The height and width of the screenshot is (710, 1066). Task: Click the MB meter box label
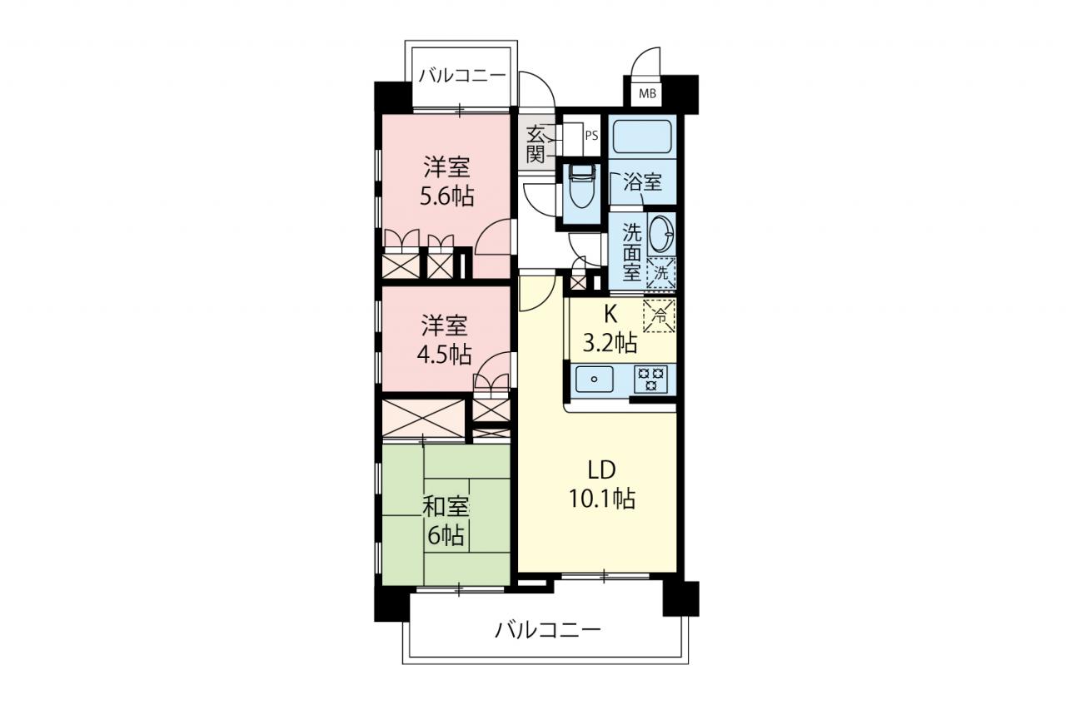coord(647,94)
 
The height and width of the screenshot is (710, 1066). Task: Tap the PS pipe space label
coord(591,136)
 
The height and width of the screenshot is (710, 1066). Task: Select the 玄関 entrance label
coord(535,145)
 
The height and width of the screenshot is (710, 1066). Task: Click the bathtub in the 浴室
coord(642,136)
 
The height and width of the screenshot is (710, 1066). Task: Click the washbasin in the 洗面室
coord(660,234)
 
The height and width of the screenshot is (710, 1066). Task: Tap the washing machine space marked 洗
coord(661,273)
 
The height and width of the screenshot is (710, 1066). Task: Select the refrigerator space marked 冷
coord(659,315)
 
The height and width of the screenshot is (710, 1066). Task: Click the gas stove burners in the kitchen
coord(650,379)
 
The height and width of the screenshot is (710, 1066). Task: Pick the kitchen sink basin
coord(595,380)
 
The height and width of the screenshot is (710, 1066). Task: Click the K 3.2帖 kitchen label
coord(610,329)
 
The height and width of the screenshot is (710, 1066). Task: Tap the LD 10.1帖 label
coord(602,485)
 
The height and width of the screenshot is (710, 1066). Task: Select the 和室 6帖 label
coord(446,521)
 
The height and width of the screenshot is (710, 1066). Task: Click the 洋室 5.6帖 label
coord(447,181)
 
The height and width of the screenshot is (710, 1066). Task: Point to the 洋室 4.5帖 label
coord(445,340)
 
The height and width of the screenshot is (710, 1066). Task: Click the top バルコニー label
coord(461,76)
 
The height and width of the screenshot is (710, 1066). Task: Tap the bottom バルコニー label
coord(548,630)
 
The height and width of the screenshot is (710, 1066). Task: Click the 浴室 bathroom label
coord(642,182)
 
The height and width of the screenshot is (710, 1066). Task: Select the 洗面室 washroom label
coord(632,252)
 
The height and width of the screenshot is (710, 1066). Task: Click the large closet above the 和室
coord(423,418)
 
